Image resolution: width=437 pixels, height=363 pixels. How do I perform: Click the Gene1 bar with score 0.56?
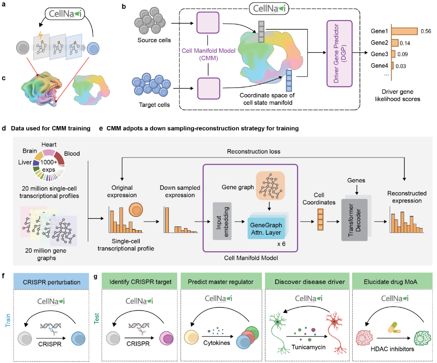pos(405,31)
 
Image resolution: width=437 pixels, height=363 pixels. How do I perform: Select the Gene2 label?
pos(379,43)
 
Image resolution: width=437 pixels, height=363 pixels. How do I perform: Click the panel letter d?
pos(4,130)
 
